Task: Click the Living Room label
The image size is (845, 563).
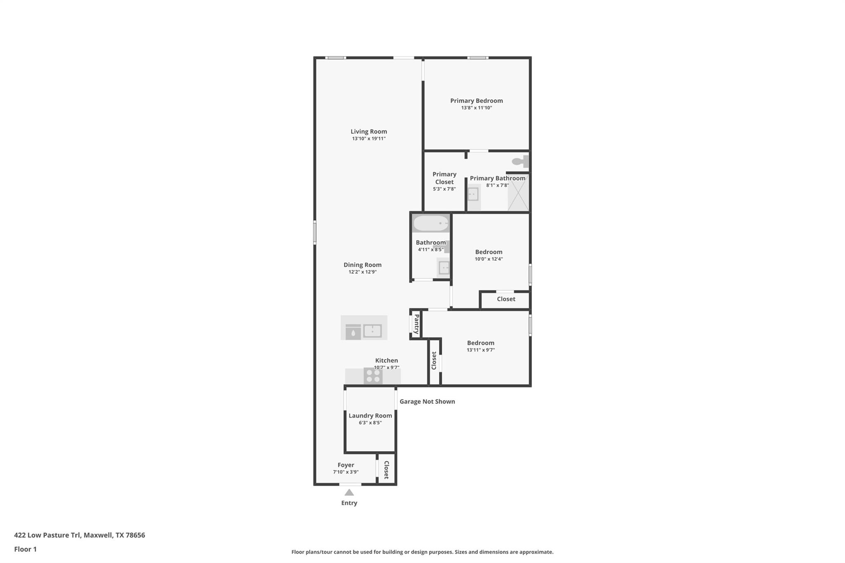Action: [x=368, y=132]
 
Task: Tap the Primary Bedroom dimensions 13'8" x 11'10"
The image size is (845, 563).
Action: [x=476, y=108]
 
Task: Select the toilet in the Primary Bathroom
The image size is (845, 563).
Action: [x=521, y=161]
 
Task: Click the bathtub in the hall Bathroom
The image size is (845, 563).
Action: [x=431, y=224]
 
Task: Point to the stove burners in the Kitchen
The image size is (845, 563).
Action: [x=373, y=376]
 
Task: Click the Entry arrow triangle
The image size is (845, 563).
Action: [x=349, y=492]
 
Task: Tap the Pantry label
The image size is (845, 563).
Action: [x=416, y=324]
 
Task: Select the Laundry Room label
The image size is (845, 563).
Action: [x=370, y=416]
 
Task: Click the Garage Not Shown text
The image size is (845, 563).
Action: [x=427, y=401]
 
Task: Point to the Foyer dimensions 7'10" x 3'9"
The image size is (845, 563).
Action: [x=346, y=472]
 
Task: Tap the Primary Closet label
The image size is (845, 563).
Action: [x=444, y=178]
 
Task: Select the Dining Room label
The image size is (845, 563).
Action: [x=362, y=265]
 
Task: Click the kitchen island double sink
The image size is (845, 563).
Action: [x=372, y=331]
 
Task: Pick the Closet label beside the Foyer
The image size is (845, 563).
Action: [x=387, y=470]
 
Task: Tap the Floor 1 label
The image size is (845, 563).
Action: [x=25, y=549]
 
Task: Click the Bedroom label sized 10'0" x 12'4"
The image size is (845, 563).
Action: [x=489, y=252]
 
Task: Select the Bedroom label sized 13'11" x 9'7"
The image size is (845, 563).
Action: [x=480, y=343]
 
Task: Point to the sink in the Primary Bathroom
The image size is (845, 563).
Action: [x=473, y=194]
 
